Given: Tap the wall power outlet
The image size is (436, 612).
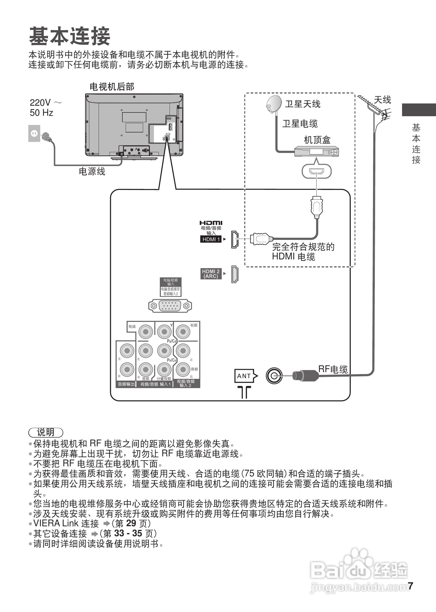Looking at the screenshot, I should point(34,133).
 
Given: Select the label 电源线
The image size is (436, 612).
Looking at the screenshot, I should point(92,171).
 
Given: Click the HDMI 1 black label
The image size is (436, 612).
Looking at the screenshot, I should point(211,239).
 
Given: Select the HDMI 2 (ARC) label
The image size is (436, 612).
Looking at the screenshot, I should point(211,274).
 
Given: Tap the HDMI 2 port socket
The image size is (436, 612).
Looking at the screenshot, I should point(235,274).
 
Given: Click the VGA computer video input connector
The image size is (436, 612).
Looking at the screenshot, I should point(170,306).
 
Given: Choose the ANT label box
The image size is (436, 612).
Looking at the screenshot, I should point(244,376).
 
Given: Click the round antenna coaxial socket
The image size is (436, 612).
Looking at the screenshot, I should point(274,376).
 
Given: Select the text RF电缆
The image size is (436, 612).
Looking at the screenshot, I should point(333,369).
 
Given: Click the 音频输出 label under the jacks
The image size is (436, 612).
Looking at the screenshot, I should point(126,384).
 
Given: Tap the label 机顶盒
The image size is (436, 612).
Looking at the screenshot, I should point(317,140).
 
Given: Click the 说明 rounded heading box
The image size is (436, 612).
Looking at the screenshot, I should point(46,433).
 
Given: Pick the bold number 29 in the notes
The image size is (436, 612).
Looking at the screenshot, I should point(131,523).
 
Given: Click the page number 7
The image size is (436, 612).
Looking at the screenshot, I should point(410,586).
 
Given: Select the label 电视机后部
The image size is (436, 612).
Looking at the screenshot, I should point(112,87).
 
